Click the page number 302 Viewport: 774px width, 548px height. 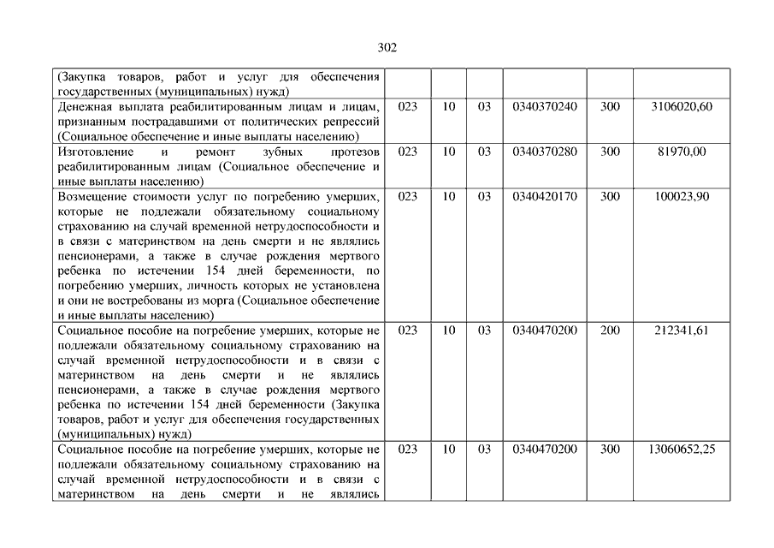point(387,48)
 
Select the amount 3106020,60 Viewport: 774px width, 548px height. point(682,106)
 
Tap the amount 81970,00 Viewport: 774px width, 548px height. point(682,152)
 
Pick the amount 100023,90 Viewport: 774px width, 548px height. point(682,196)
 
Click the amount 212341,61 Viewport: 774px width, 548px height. point(682,330)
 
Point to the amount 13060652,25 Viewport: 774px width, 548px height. point(682,449)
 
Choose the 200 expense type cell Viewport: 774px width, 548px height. point(610,330)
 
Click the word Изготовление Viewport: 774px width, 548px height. point(94,152)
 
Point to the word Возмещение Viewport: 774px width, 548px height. point(92,197)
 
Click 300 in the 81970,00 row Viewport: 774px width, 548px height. point(610,152)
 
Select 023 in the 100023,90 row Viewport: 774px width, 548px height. point(408,196)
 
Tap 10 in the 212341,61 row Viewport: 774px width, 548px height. point(449,330)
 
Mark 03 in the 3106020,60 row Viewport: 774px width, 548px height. point(484,106)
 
